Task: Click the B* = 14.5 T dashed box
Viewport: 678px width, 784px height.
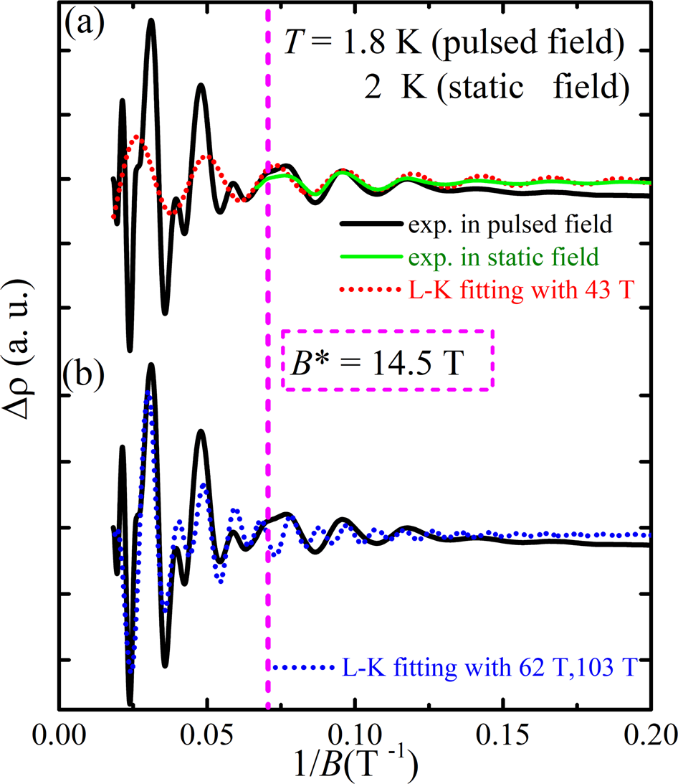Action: click(x=387, y=360)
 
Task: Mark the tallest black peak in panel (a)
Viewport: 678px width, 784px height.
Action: click(x=151, y=22)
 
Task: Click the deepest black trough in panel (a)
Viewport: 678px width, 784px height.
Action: click(x=130, y=349)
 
